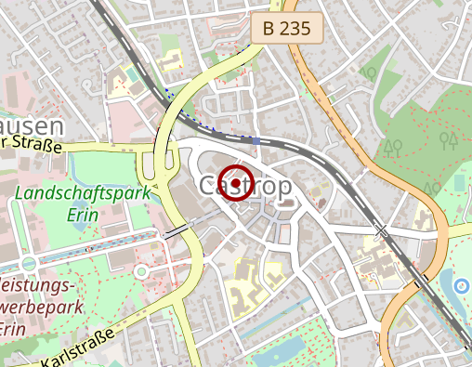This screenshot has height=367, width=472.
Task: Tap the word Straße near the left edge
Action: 35,145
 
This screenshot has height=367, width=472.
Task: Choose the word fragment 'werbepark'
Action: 42,308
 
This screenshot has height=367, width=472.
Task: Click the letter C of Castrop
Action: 208,185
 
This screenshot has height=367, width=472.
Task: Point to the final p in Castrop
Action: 282,187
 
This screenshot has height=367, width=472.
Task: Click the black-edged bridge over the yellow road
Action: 178,229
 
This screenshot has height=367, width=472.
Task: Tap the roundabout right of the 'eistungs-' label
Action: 141,270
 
